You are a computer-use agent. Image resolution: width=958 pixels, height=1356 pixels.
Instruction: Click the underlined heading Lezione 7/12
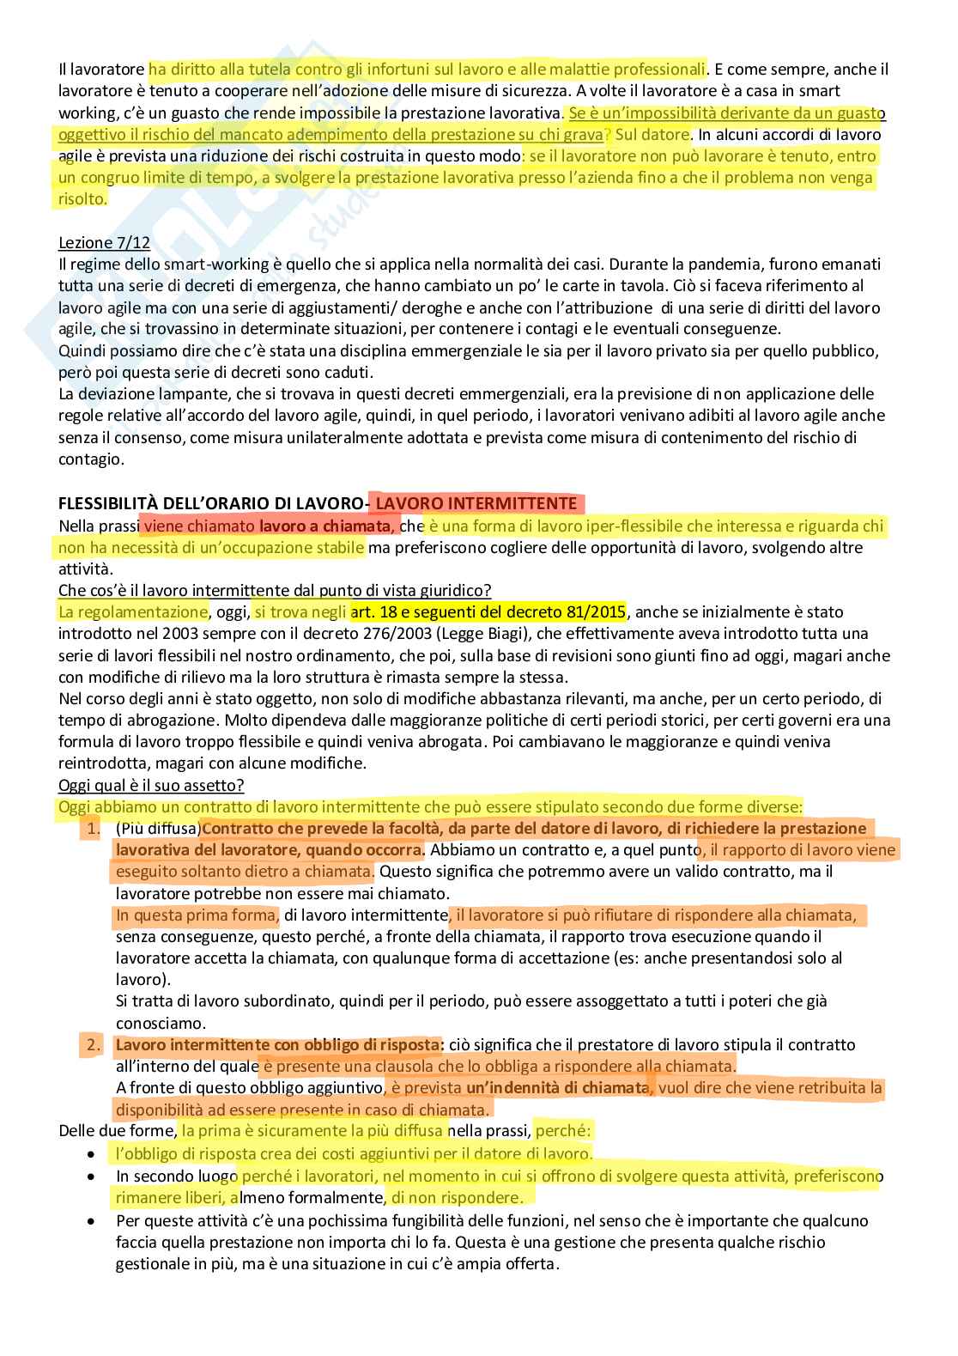[104, 243]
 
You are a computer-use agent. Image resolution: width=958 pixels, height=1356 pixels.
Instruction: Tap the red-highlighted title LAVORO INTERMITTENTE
[476, 503]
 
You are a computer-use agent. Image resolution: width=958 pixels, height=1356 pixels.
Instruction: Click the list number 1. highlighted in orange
[90, 829]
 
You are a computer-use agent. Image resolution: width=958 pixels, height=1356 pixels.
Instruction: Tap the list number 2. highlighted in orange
[90, 1045]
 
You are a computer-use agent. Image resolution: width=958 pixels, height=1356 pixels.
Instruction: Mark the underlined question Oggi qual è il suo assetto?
[151, 785]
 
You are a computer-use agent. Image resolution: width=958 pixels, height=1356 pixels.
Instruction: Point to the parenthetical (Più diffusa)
[158, 829]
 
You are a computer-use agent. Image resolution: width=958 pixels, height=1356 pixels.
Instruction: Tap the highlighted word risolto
[82, 199]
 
